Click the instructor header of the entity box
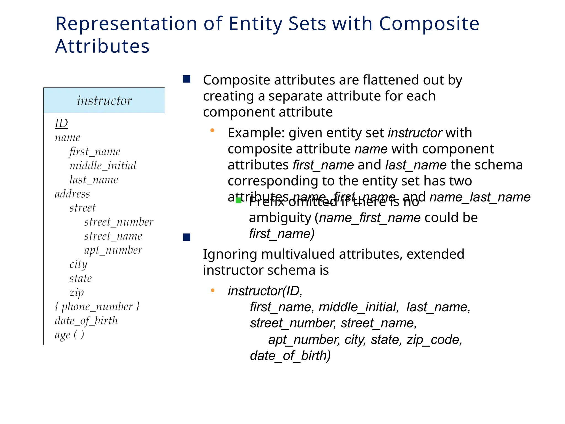(x=104, y=100)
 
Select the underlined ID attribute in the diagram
(x=61, y=123)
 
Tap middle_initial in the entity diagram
(x=103, y=166)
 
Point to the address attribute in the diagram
(x=72, y=194)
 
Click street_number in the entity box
(x=119, y=222)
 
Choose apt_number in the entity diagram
(x=113, y=250)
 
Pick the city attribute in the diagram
(x=78, y=264)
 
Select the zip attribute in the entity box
(x=76, y=293)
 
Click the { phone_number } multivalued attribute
(x=97, y=307)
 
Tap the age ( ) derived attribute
(x=69, y=335)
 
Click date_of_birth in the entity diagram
(x=86, y=321)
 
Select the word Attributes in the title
(x=102, y=46)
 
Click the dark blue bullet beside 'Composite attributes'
(x=187, y=79)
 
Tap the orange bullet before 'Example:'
(x=212, y=131)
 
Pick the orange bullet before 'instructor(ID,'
(x=213, y=290)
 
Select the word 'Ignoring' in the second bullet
(x=230, y=254)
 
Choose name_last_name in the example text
(x=480, y=197)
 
